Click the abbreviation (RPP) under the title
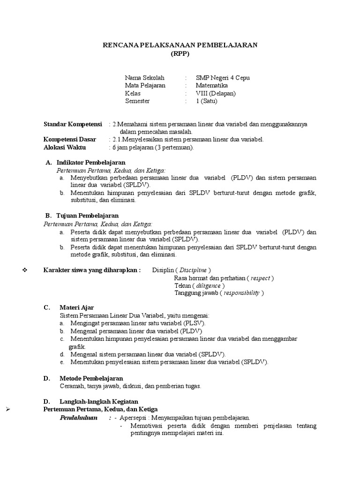point(180,53)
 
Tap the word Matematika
point(212,85)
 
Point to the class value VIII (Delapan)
point(216,93)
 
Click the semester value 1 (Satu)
point(207,101)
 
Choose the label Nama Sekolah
point(144,77)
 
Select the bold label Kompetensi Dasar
point(70,139)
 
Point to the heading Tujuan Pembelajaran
point(87,216)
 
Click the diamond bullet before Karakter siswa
point(26,270)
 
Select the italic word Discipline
point(193,270)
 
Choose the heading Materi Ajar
point(76,307)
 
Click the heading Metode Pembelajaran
point(91,378)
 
